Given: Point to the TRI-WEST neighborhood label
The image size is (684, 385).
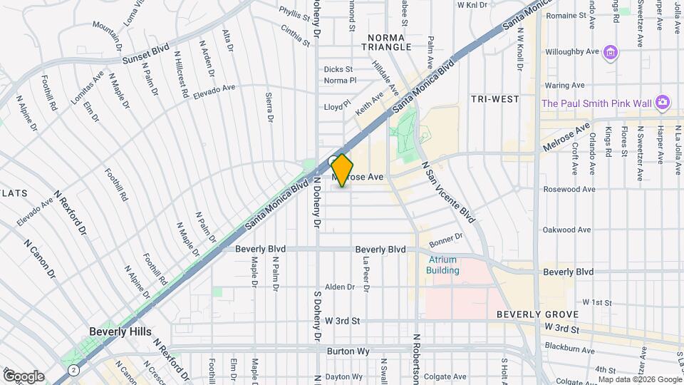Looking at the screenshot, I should pyautogui.click(x=495, y=99).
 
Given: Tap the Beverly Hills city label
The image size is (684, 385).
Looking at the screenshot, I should pyautogui.click(x=118, y=332).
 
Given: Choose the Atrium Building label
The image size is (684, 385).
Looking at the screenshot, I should pyautogui.click(x=442, y=265).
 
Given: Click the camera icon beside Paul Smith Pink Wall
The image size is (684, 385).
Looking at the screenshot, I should pyautogui.click(x=663, y=103).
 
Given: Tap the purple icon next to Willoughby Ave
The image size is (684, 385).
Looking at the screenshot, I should pyautogui.click(x=609, y=52).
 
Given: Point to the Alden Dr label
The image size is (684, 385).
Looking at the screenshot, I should pyautogui.click(x=339, y=287).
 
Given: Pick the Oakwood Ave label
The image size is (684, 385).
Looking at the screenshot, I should pyautogui.click(x=567, y=230).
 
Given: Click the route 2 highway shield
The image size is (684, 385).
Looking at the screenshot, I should pyautogui.click(x=74, y=371).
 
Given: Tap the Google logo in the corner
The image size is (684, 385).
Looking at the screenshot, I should pyautogui.click(x=24, y=376).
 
